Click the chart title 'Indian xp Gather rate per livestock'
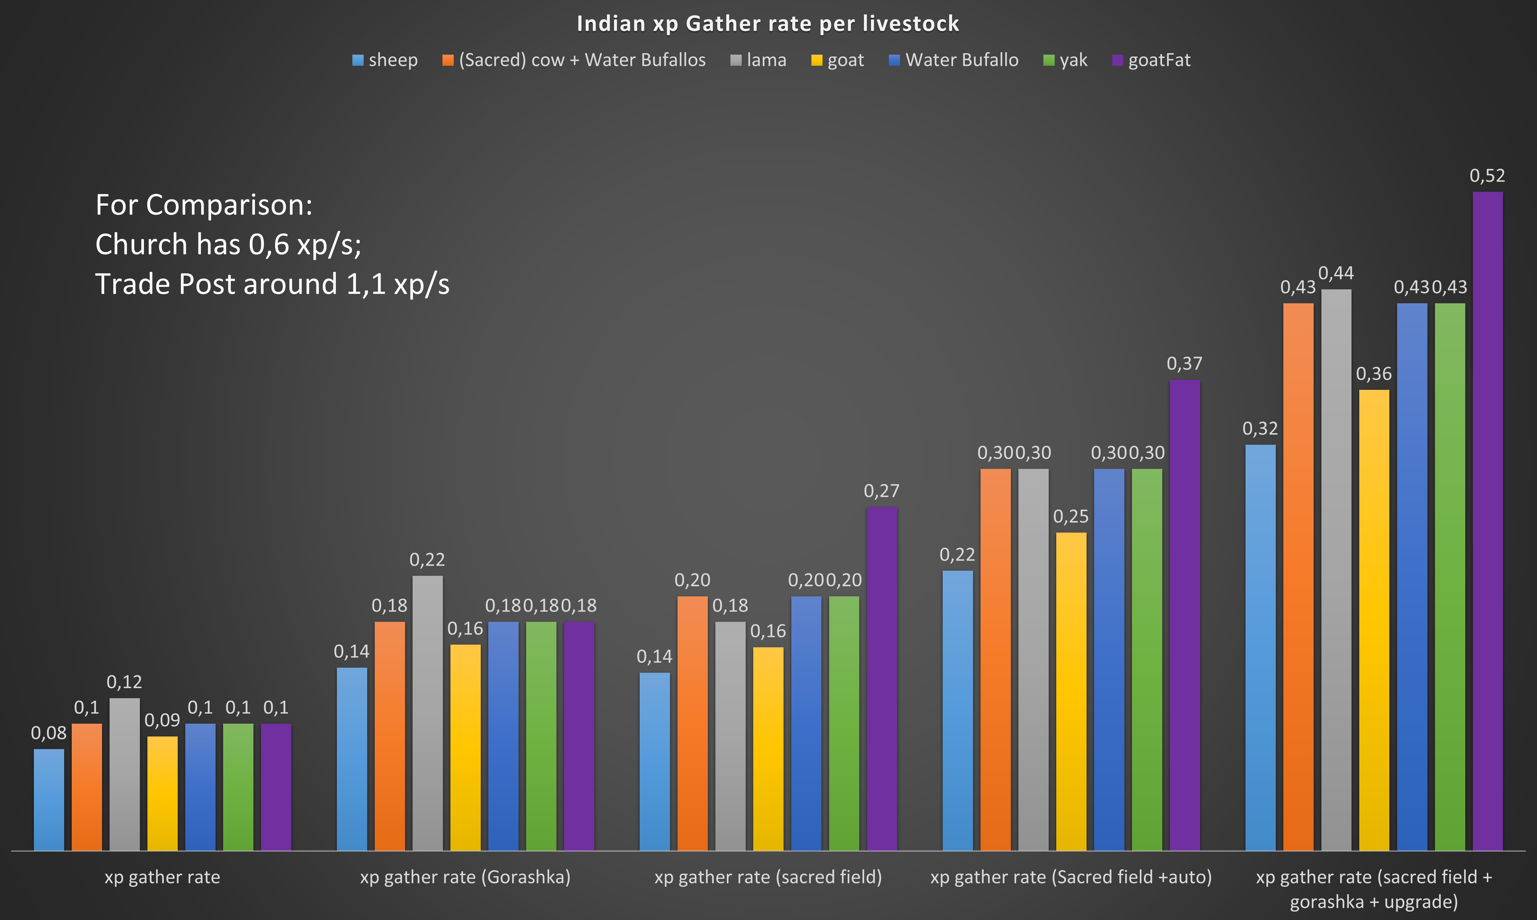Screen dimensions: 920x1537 click(x=768, y=23)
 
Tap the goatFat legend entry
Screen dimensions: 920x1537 click(x=1151, y=60)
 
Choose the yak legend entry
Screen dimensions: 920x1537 click(x=1065, y=60)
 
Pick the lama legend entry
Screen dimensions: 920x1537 click(x=759, y=60)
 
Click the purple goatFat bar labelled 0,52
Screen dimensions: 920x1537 click(x=1487, y=521)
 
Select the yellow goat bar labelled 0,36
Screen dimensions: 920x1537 click(x=1374, y=620)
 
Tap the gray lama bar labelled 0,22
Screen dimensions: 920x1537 click(x=428, y=713)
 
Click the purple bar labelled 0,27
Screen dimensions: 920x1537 click(x=881, y=679)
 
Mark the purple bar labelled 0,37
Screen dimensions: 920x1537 click(x=1184, y=614)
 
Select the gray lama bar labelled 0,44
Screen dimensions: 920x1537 click(x=1336, y=570)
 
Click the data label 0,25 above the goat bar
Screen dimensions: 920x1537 click(x=1070, y=516)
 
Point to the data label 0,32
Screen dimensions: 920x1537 click(x=1260, y=428)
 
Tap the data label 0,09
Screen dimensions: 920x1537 click(x=162, y=720)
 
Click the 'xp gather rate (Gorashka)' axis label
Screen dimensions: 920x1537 click(x=465, y=877)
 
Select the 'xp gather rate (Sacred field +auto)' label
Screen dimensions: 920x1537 click(x=1070, y=877)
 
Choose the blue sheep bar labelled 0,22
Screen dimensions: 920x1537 click(x=958, y=710)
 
